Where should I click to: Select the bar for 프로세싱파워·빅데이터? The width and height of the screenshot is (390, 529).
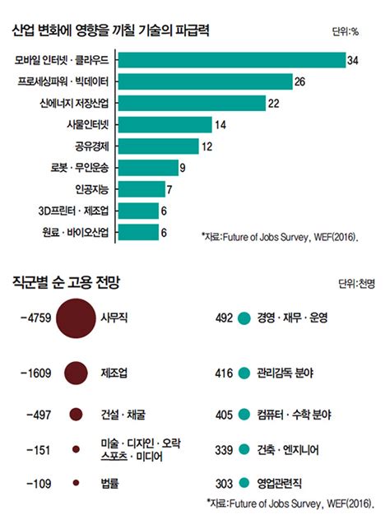(207, 81)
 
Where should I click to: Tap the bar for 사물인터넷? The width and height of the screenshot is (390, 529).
(165, 125)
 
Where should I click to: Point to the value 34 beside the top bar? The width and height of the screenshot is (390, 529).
(353, 60)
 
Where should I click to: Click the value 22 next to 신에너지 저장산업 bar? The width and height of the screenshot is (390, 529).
(274, 103)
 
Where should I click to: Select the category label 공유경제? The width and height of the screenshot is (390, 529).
(91, 146)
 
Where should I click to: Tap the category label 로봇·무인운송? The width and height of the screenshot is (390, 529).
(80, 168)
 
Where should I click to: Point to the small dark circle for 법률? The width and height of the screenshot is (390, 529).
(76, 483)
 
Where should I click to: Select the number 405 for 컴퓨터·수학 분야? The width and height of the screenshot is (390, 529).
(225, 412)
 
